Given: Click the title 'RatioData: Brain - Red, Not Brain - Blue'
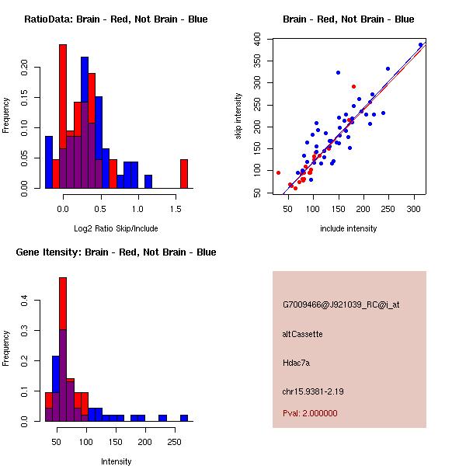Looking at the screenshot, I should (x=116, y=19).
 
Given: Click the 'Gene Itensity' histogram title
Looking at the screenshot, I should (x=116, y=252).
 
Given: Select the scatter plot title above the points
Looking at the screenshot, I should (x=349, y=19).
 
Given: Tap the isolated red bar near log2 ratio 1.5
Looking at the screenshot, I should (x=184, y=173).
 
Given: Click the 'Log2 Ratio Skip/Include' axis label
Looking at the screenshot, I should (x=116, y=228).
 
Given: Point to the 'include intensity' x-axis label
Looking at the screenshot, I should (x=349, y=228).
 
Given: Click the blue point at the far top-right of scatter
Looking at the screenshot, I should (x=420, y=45).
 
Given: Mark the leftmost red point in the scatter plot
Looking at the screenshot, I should (x=278, y=172).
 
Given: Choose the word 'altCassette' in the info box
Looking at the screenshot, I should (x=302, y=334).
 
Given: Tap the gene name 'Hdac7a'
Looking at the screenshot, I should (x=296, y=363).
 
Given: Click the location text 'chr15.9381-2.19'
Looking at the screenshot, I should (x=313, y=391).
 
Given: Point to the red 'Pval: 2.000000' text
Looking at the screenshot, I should (x=310, y=413).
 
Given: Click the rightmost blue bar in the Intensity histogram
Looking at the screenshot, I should (x=184, y=418).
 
